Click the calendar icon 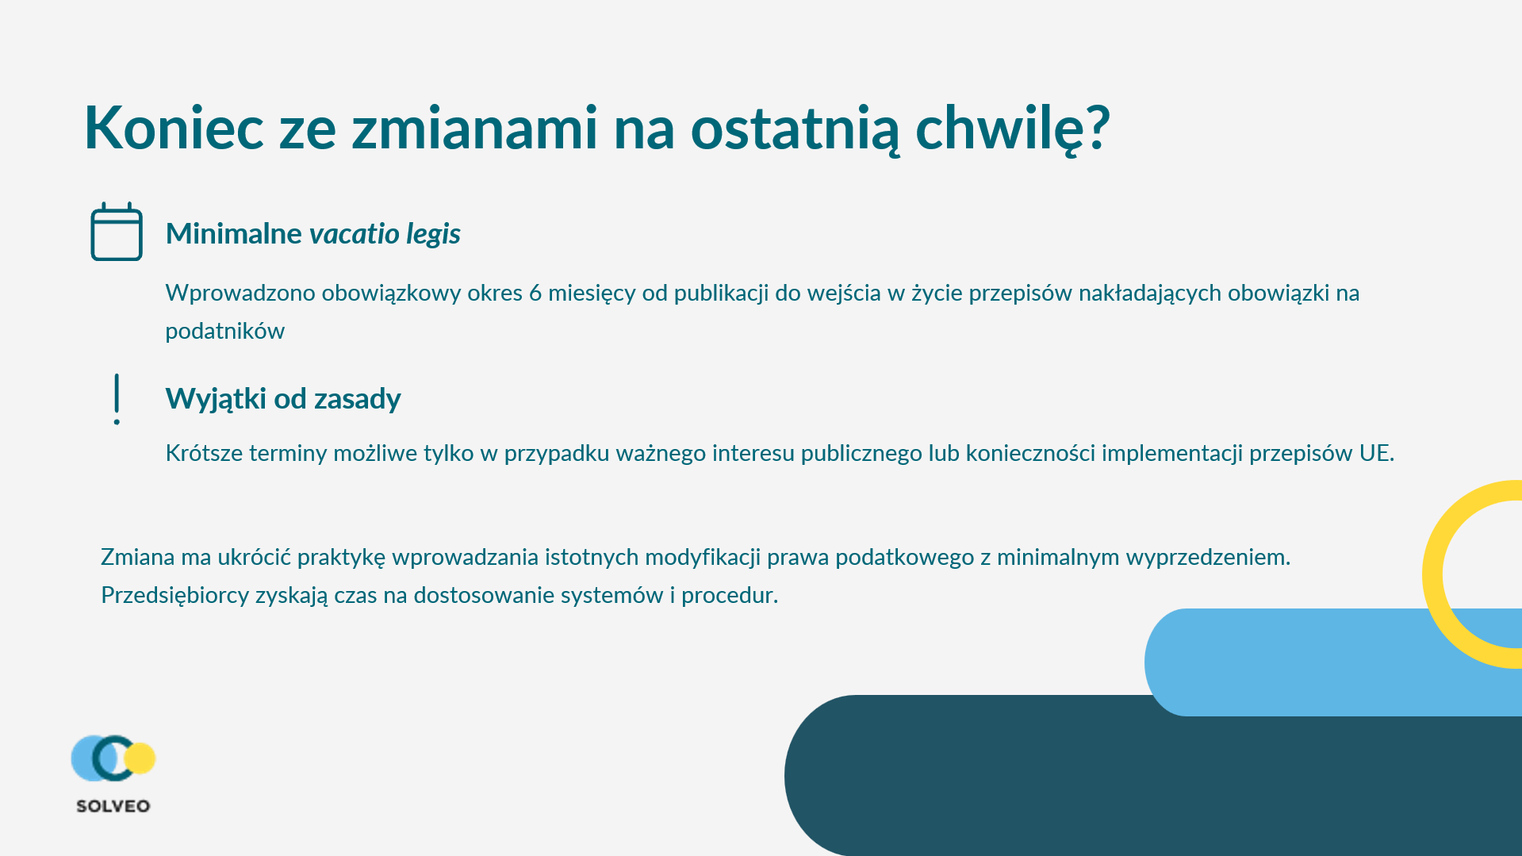[x=117, y=232]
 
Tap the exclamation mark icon [x=117, y=399]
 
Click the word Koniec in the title [x=174, y=128]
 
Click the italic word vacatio [x=354, y=234]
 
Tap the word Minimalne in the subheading [x=234, y=234]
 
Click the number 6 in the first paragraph [x=535, y=293]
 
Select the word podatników [x=225, y=332]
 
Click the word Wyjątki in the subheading [x=216, y=399]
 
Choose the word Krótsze [x=205, y=453]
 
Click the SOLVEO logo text [x=113, y=806]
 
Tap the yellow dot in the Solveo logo [x=140, y=758]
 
